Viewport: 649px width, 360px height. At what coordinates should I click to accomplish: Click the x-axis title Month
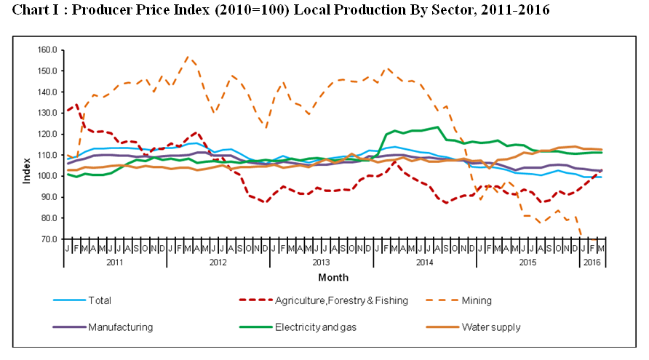333,277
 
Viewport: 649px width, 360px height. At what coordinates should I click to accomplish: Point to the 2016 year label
594,263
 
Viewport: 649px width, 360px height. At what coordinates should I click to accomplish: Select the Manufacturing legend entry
120,327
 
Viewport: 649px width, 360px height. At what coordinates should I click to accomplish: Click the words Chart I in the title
36,10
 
